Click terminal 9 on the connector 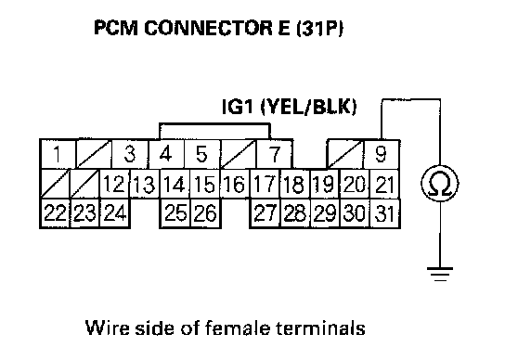(x=382, y=154)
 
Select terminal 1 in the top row (x=58, y=154)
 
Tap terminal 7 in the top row (x=275, y=154)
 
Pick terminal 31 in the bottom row (x=385, y=213)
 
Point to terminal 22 (x=55, y=213)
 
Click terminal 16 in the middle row (x=235, y=185)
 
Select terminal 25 (x=175, y=213)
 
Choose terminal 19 (x=325, y=185)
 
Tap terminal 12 (x=114, y=185)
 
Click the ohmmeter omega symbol (x=440, y=183)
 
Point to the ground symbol (x=440, y=274)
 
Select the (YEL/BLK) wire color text (x=308, y=108)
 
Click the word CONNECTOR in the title (x=208, y=28)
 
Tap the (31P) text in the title (x=319, y=29)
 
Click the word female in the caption (x=237, y=328)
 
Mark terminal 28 (x=295, y=213)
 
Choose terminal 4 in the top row (x=166, y=154)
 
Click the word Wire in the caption (x=108, y=328)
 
